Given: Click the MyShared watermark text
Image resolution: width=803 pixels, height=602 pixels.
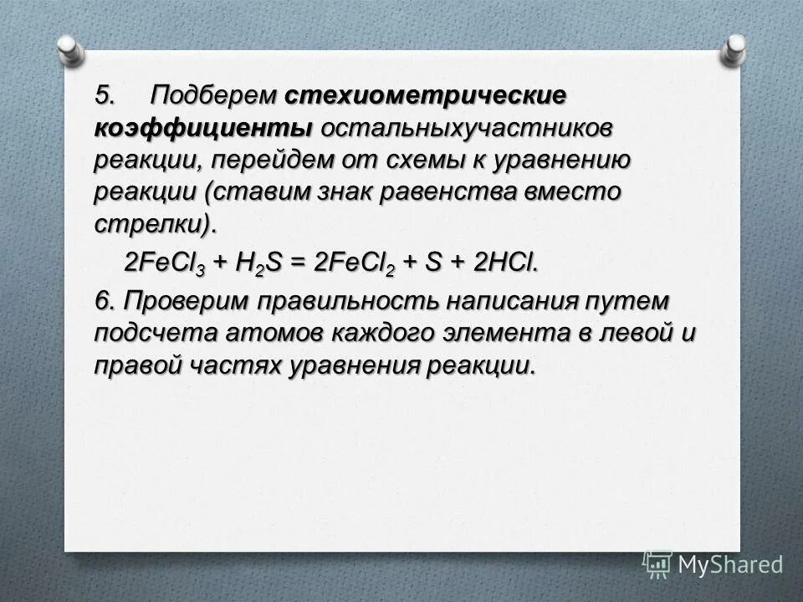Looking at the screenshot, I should (x=729, y=565).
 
